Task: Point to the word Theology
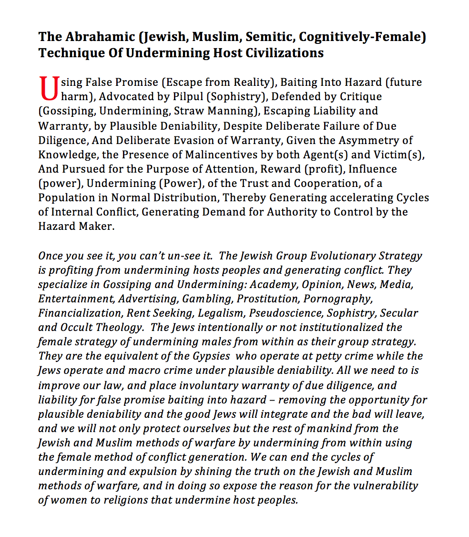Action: point(118,328)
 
